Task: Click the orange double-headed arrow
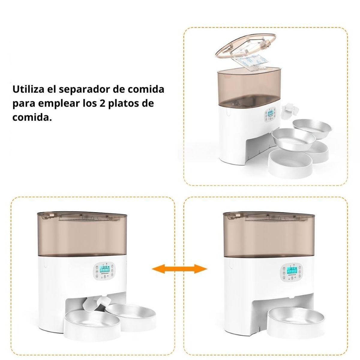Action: click(x=180, y=268)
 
